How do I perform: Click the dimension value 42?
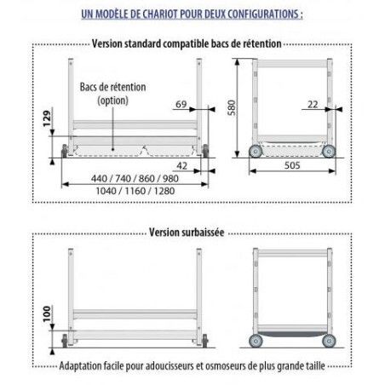(181, 167)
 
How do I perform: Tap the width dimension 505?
(294, 168)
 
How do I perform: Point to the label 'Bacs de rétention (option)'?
(112, 93)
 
